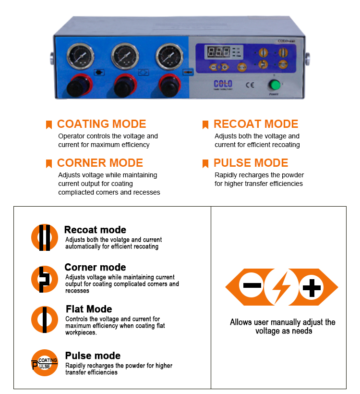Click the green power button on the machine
275,86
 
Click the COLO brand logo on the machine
223,84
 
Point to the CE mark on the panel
250,86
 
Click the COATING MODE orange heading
101,124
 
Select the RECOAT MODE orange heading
256,124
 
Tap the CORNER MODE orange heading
100,163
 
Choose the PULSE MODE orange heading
251,163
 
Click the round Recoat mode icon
45,237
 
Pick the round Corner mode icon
45,279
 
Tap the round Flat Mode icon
45,320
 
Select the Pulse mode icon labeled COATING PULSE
45,363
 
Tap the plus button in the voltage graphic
311,287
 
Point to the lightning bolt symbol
282,287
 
